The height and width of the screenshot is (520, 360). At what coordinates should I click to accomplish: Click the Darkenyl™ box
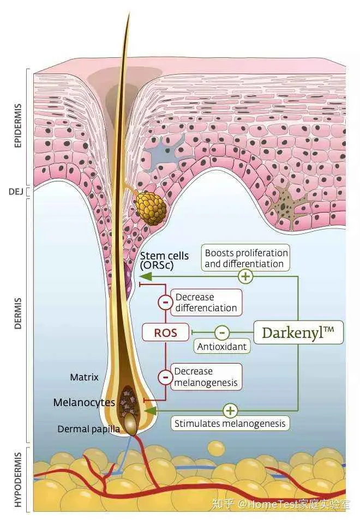(x=298, y=332)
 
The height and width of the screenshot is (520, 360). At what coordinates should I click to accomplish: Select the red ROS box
(x=166, y=332)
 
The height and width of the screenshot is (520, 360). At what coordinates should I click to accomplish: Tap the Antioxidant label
(x=221, y=346)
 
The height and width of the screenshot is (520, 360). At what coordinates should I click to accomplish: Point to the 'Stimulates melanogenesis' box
(x=230, y=423)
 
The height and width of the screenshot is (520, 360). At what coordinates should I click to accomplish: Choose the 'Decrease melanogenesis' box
(x=206, y=377)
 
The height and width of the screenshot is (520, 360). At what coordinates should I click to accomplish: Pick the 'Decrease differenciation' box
(x=206, y=303)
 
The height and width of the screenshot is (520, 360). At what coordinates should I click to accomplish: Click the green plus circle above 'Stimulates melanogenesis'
(x=231, y=410)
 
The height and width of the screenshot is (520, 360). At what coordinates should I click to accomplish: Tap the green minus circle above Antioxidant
(x=221, y=332)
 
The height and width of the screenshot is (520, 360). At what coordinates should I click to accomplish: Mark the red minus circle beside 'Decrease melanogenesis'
(x=165, y=377)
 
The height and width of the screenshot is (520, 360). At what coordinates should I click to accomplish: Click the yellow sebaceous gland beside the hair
(x=151, y=208)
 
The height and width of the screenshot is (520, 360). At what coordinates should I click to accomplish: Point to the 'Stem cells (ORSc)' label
(x=164, y=261)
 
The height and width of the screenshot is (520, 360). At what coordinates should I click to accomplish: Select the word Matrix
(x=84, y=377)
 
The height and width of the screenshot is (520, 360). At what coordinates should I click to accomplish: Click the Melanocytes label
(x=84, y=403)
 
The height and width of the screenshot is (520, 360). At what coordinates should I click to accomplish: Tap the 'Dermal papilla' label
(x=88, y=429)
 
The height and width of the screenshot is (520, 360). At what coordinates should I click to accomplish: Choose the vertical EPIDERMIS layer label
(x=17, y=125)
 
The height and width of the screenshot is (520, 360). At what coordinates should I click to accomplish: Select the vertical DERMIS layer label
(x=17, y=313)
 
